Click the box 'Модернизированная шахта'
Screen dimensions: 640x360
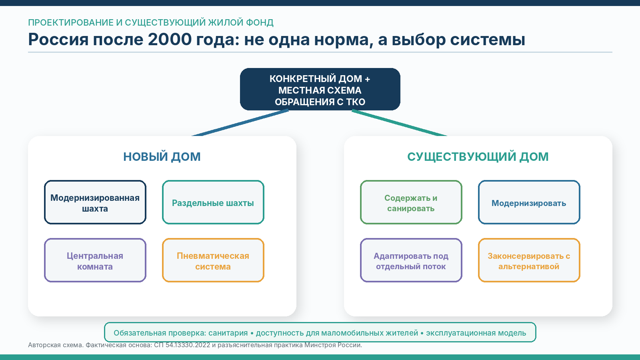tap(95, 202)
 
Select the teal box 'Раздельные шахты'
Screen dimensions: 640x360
tap(213, 202)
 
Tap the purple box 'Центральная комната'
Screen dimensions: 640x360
tap(95, 260)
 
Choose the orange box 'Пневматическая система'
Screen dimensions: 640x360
tap(213, 260)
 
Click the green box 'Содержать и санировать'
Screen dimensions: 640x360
tap(411, 202)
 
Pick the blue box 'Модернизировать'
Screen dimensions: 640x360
tap(529, 202)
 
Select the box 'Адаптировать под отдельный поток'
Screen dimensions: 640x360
tap(411, 260)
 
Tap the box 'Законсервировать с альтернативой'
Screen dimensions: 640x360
tap(529, 260)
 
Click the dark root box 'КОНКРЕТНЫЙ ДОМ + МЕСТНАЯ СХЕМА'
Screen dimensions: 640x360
tap(320, 89)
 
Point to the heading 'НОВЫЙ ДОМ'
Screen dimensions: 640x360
tap(162, 157)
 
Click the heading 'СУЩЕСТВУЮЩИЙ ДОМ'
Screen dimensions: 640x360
tap(478, 157)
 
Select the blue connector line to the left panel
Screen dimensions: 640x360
tap(240, 123)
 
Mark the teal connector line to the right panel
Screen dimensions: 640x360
tap(400, 123)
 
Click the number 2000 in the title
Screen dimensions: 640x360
tap(170, 39)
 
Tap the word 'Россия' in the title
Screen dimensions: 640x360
tap(58, 39)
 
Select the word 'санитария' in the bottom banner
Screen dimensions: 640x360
tap(228, 333)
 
